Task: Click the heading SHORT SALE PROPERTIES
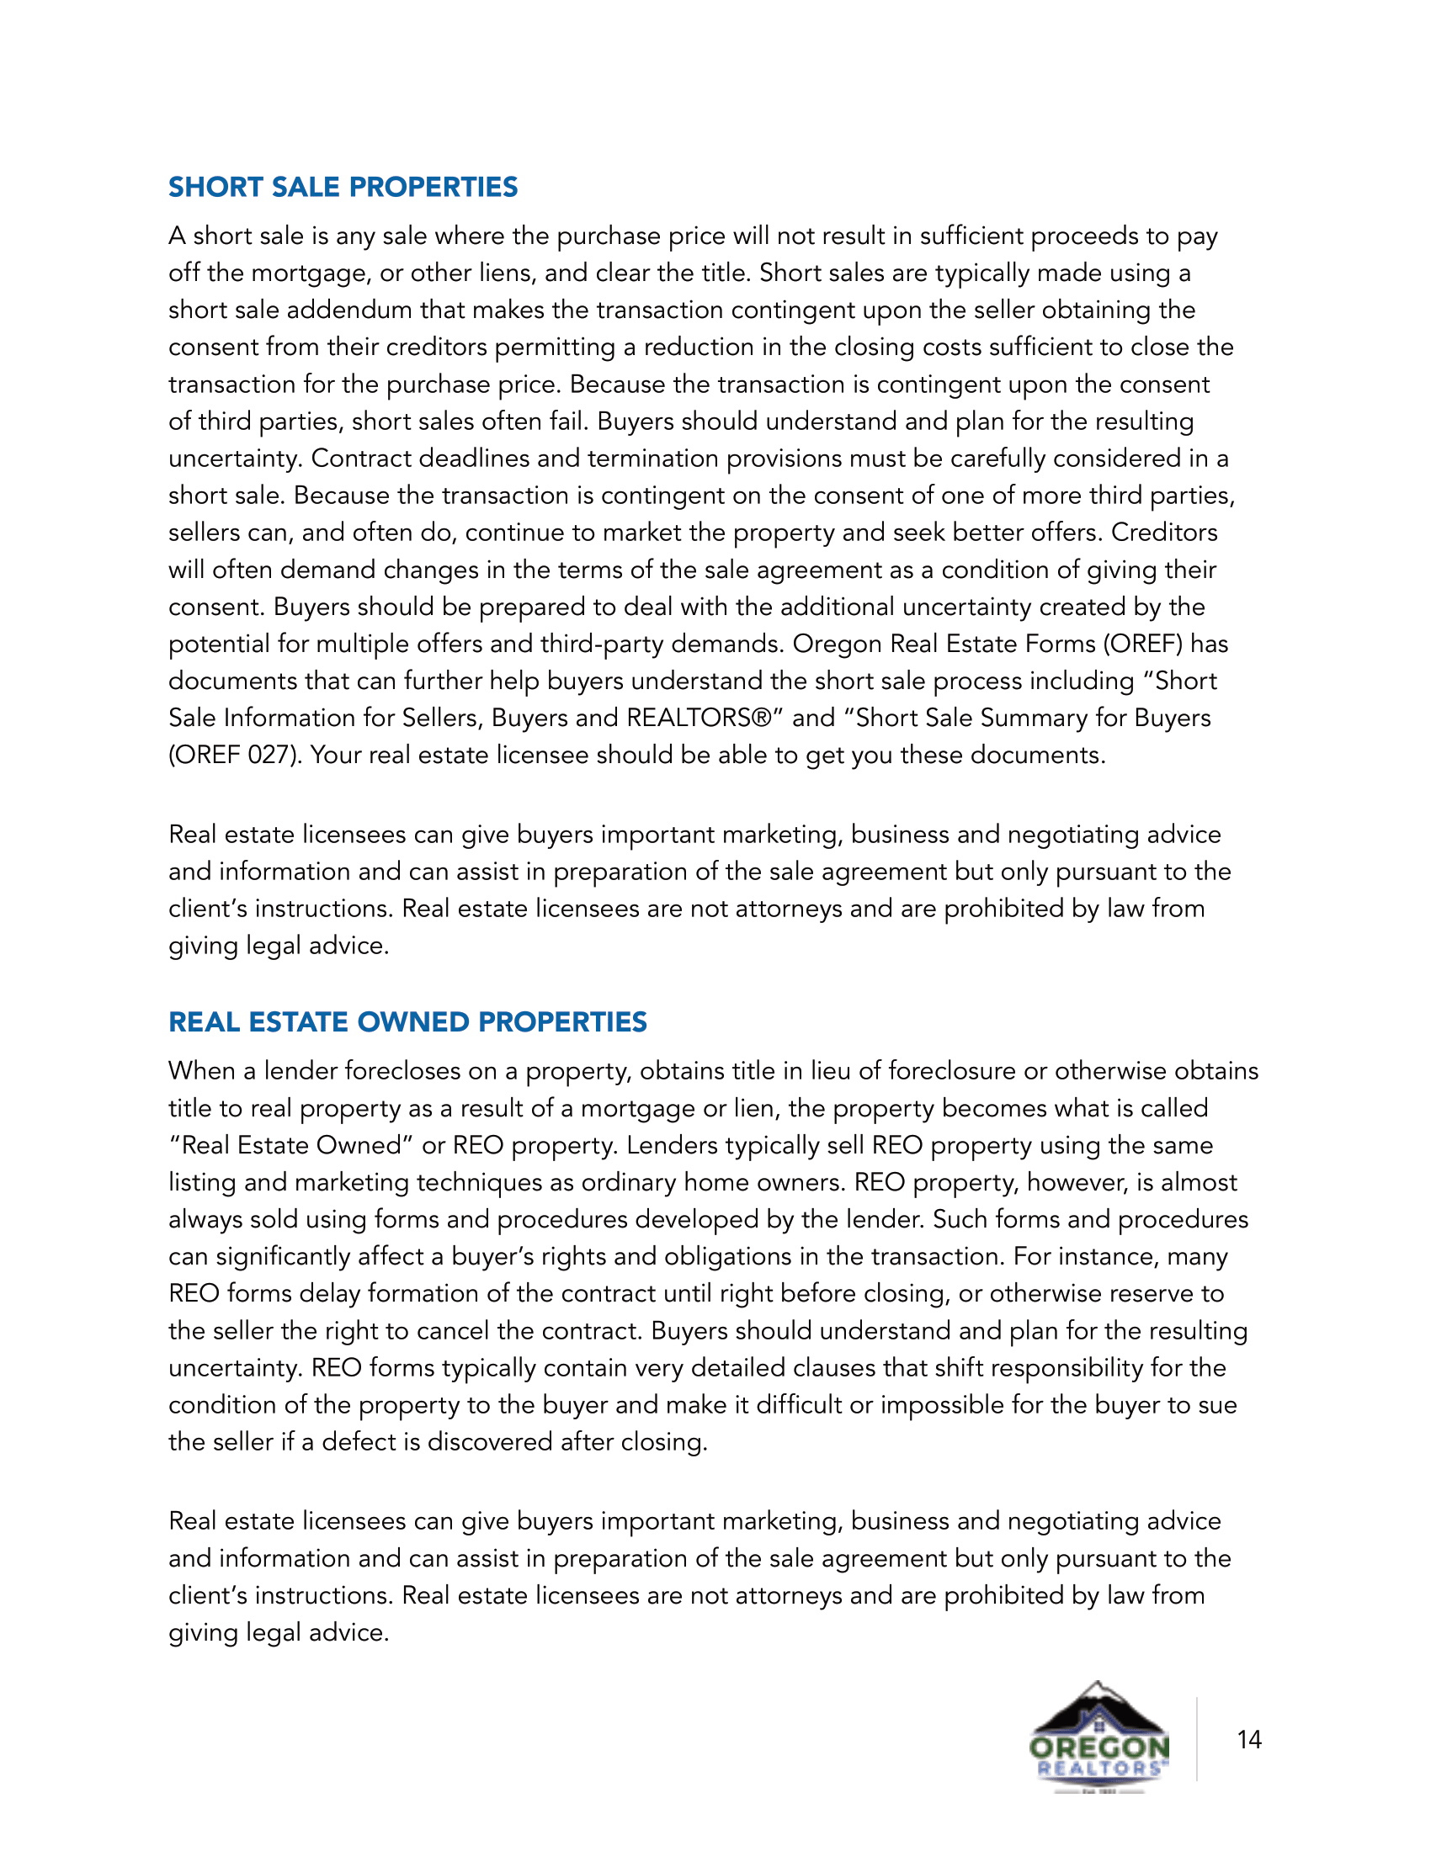[x=343, y=188]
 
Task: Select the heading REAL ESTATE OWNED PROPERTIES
[x=407, y=1022]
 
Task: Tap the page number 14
[x=1248, y=1740]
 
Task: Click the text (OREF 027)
[x=235, y=756]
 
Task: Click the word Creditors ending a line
[x=1164, y=533]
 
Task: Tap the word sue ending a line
[x=1217, y=1405]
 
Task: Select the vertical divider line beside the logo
[x=1197, y=1738]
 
